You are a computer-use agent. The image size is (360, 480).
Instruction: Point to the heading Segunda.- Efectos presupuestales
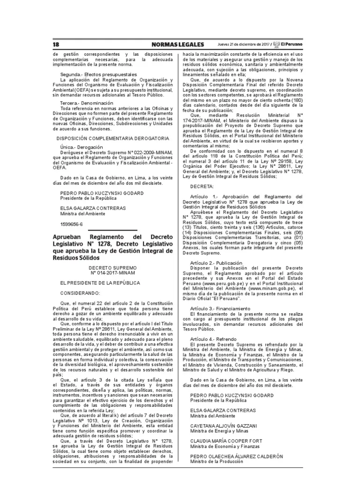(98, 75)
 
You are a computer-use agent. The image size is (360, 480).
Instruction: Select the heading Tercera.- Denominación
(87, 103)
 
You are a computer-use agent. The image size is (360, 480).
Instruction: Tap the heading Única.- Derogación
(82, 147)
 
